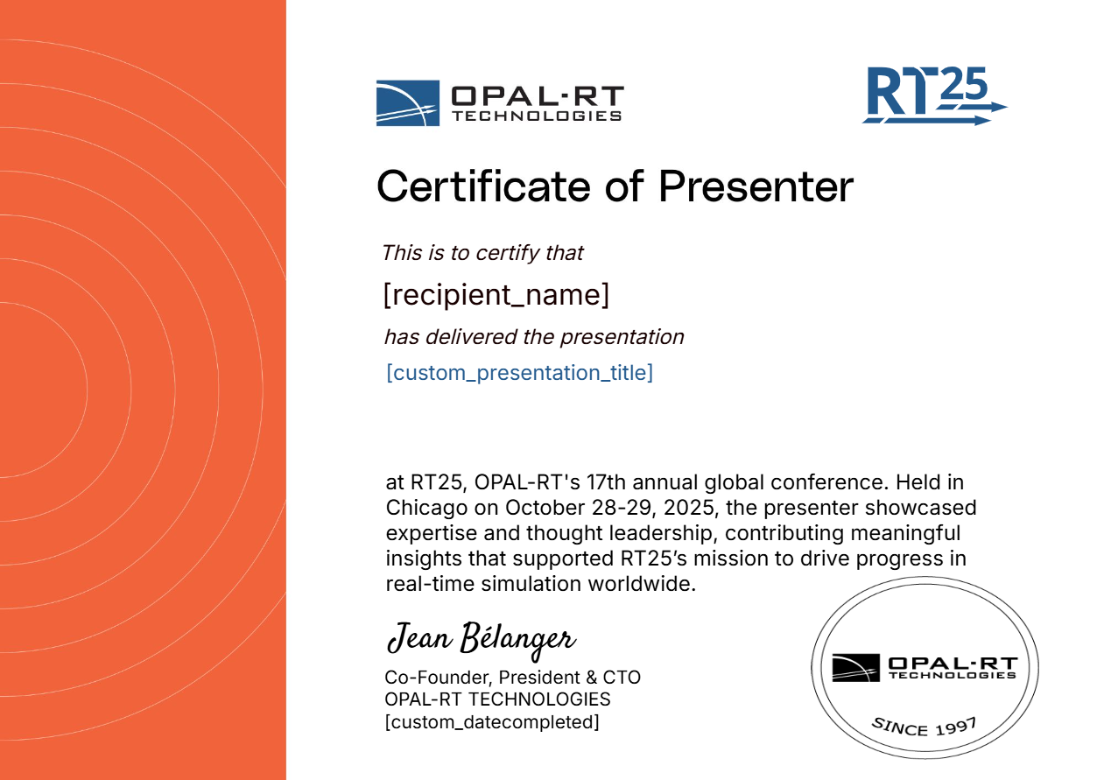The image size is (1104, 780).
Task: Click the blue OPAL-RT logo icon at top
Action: pos(408,103)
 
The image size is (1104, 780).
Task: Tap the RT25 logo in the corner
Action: pos(934,95)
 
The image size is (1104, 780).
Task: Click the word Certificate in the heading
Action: pos(483,186)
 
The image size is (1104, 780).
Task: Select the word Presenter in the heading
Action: pos(756,186)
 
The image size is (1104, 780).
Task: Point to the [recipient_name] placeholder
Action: pos(496,295)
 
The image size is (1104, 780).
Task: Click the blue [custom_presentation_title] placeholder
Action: pos(519,373)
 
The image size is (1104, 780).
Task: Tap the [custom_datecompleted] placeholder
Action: pos(492,722)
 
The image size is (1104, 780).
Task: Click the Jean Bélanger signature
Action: pos(481,640)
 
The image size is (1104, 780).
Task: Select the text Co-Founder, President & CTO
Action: pos(512,677)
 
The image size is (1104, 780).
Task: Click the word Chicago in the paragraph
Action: pos(426,508)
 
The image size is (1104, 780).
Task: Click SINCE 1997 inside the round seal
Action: pos(925,727)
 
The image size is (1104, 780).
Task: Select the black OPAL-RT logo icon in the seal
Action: pos(855,668)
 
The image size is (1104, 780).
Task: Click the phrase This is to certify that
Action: pos(482,253)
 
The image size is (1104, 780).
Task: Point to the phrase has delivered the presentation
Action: pos(534,337)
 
